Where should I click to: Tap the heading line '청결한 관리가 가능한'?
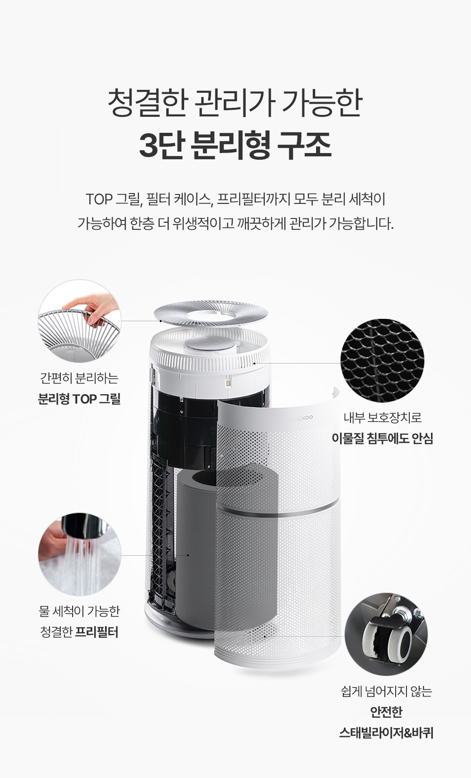(x=235, y=103)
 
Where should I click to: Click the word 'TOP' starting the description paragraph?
(x=99, y=199)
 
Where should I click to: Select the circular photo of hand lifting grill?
(x=80, y=321)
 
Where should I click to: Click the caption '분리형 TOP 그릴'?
(x=79, y=399)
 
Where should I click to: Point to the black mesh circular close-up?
(x=382, y=361)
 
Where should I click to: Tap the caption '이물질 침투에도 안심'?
(x=382, y=438)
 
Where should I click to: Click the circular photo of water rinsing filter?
(x=80, y=555)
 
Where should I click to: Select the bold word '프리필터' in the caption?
(x=97, y=632)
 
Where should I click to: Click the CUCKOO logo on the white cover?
(x=301, y=418)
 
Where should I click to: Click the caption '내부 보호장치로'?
(x=382, y=417)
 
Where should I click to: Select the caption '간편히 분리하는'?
(x=79, y=378)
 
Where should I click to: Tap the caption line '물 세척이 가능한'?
(x=79, y=611)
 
